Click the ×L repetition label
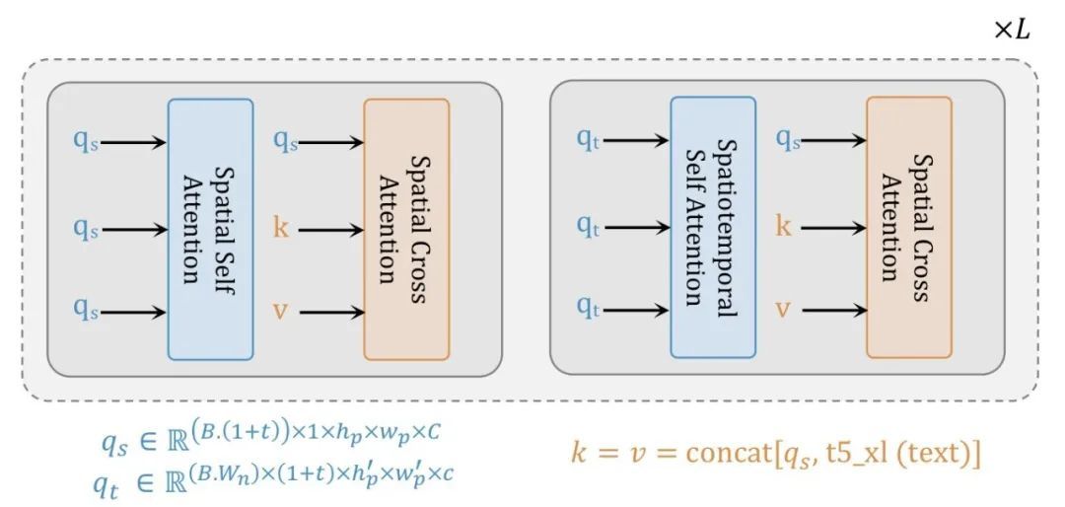pos(1012,31)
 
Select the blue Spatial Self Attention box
pos(210,228)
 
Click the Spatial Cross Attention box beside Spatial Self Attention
pos(406,228)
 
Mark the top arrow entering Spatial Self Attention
pos(134,140)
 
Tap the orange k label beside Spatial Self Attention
pos(281,228)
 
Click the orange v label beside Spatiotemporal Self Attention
pos(783,311)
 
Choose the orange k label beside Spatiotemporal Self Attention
pos(784,226)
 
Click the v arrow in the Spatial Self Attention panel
pos(330,313)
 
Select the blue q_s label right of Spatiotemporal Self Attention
pos(787,140)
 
